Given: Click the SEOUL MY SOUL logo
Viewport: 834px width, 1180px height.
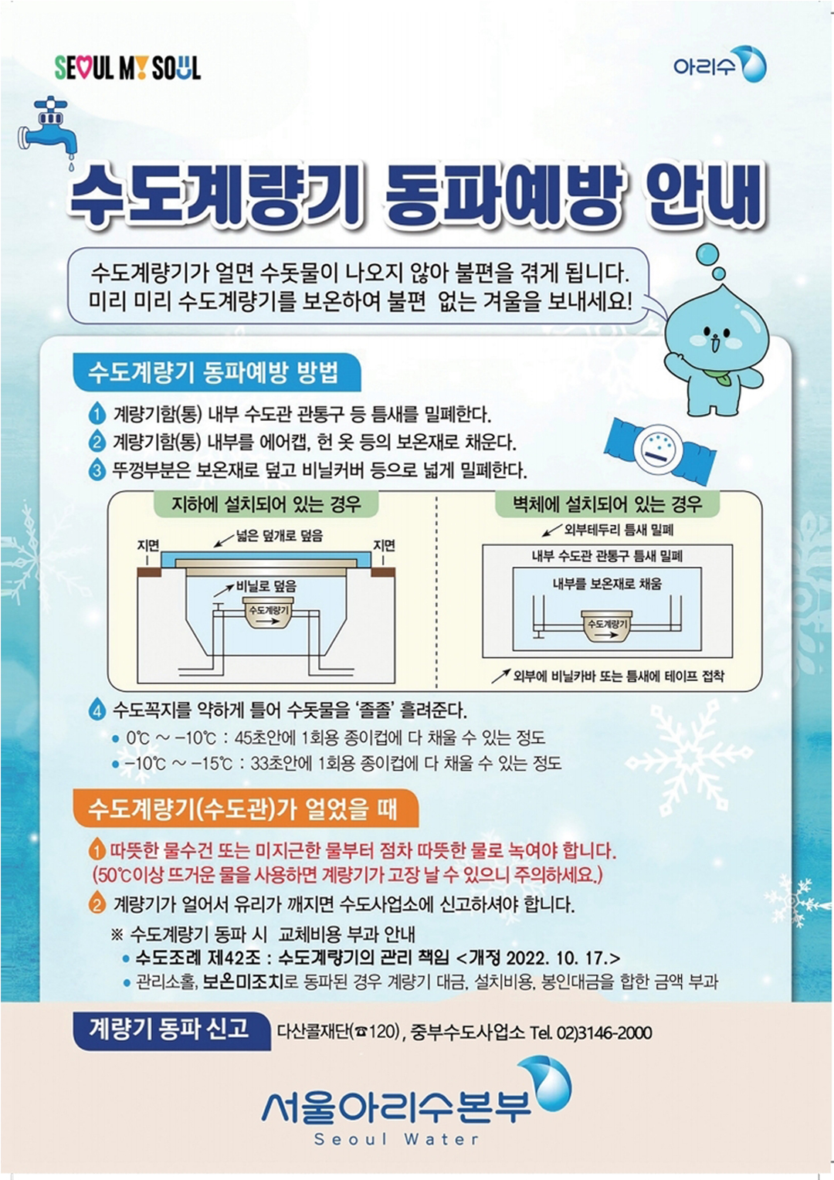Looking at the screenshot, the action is [x=128, y=69].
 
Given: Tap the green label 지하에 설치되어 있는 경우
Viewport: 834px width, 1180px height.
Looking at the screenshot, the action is [x=266, y=504].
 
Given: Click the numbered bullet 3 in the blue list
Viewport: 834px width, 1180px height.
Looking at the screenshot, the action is [x=97, y=470].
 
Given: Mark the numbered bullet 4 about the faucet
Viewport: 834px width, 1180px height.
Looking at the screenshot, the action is [x=97, y=710].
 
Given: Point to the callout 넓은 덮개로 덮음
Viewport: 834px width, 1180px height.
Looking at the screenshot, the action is [x=279, y=536].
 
